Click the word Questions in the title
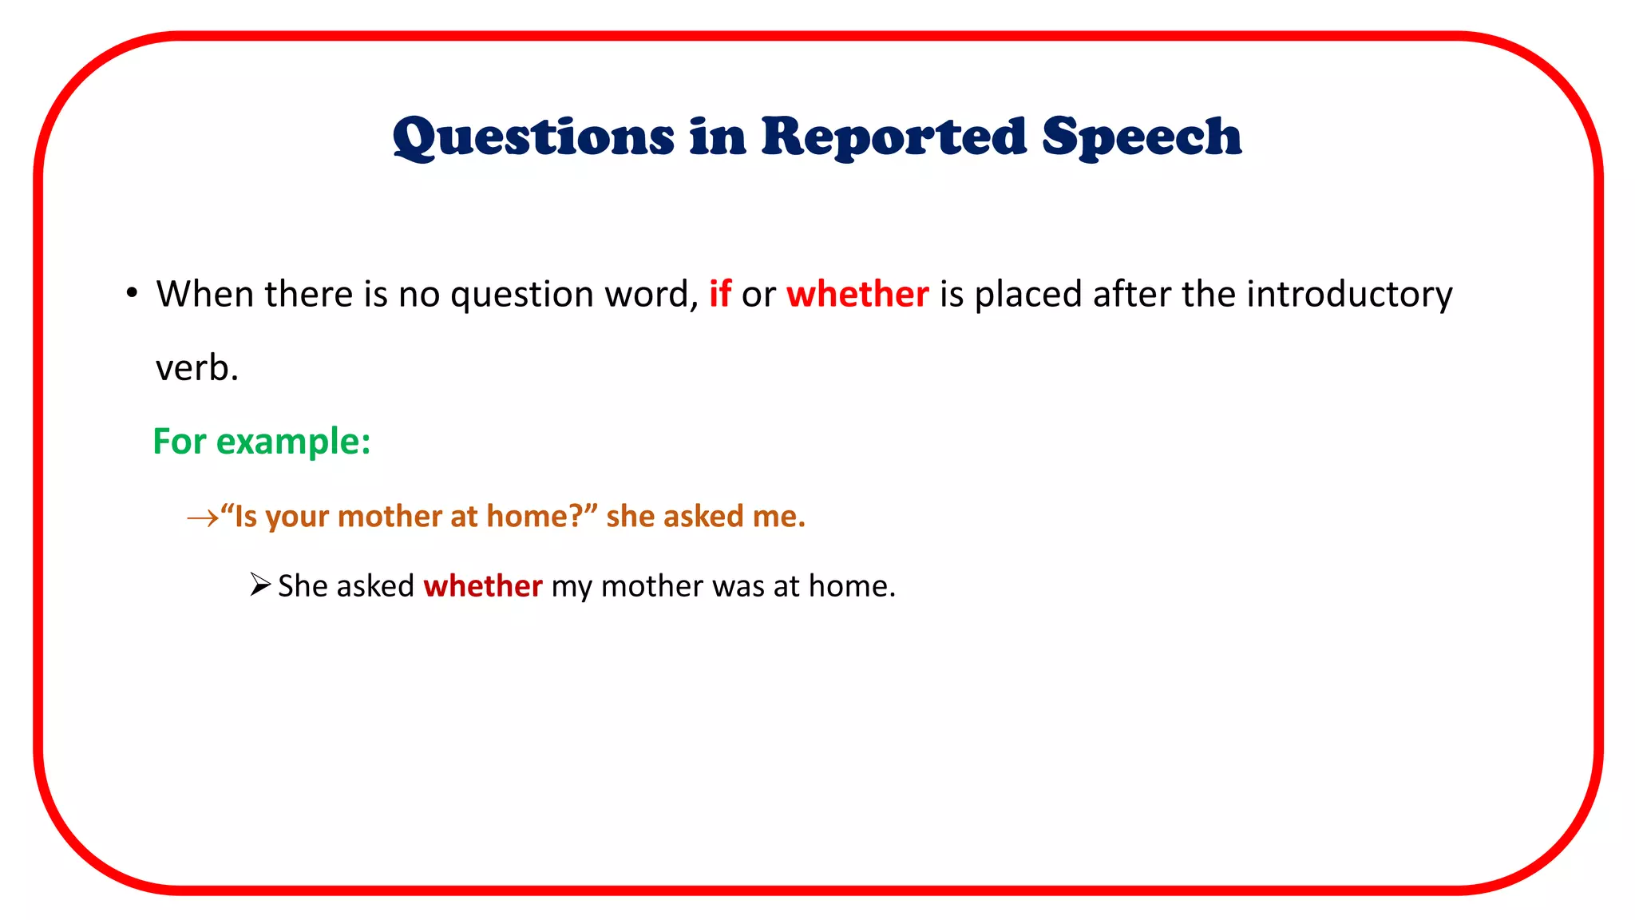533,137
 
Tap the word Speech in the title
1142,137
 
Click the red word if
720,294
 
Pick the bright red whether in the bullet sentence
857,294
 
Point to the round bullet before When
132,293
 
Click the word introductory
1349,294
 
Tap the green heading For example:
262,442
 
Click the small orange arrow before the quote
201,518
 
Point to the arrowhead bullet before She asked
259,585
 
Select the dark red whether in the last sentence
482,586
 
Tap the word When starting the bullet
206,294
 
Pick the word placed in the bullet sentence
1028,294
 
